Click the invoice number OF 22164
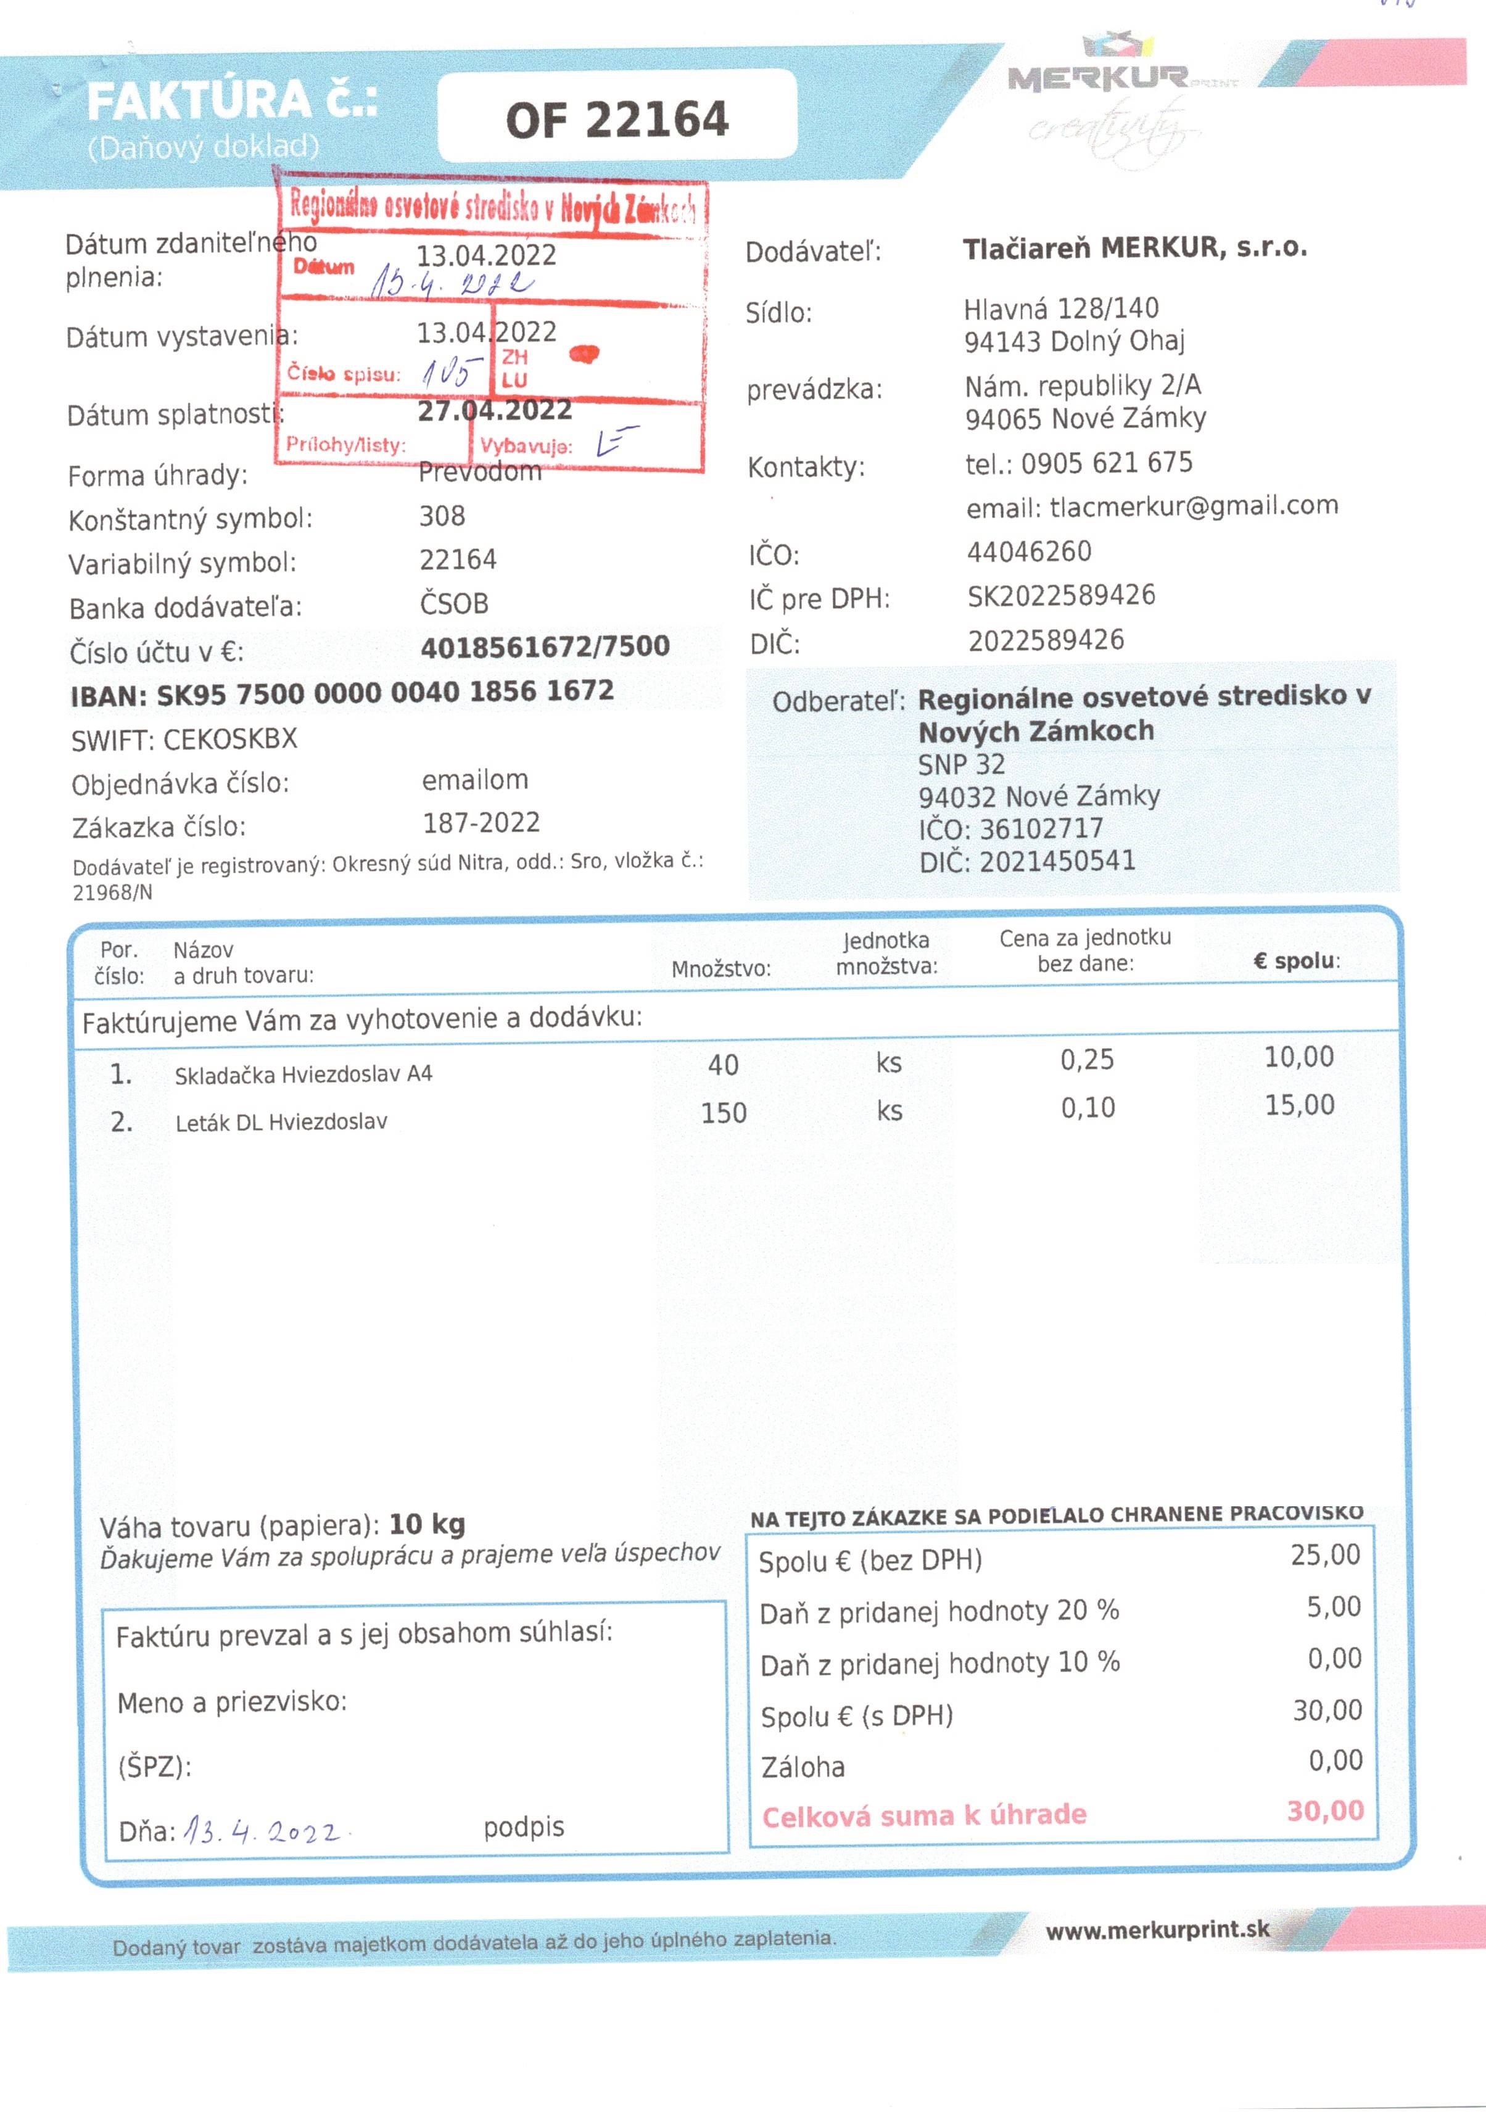point(616,119)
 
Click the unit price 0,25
point(1086,1059)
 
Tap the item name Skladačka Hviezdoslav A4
point(303,1073)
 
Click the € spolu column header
point(1296,960)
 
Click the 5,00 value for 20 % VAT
point(1332,1607)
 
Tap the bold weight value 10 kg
point(427,1524)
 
